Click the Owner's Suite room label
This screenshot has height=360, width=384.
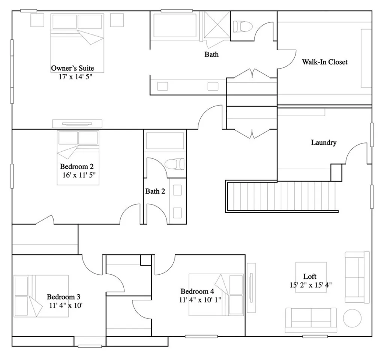point(72,68)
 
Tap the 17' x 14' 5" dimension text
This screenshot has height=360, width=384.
point(72,76)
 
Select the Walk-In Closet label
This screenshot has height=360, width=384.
point(325,62)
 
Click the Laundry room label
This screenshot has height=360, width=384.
point(324,142)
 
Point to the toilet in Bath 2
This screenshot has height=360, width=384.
point(175,164)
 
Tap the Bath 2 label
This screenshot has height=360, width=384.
point(155,191)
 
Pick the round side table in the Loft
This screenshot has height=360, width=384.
point(352,318)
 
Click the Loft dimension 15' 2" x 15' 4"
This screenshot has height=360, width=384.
point(310,285)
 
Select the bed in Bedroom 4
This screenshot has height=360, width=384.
point(216,294)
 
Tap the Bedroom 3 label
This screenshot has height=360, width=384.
point(63,297)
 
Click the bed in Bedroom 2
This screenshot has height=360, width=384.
point(78,157)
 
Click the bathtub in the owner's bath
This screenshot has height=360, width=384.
point(175,25)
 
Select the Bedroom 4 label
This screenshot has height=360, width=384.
point(197,291)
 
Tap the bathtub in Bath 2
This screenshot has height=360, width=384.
point(165,141)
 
